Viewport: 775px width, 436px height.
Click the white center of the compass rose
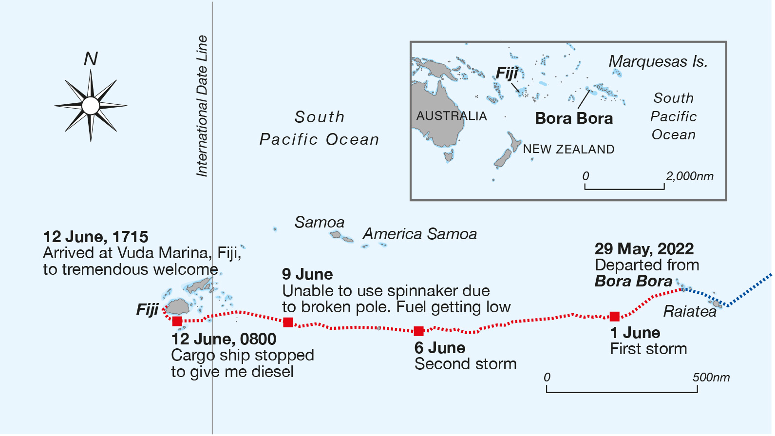pyautogui.click(x=91, y=105)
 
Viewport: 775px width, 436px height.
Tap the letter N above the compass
pyautogui.click(x=91, y=59)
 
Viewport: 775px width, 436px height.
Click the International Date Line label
pyautogui.click(x=202, y=106)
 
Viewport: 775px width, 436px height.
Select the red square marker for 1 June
pyautogui.click(x=615, y=317)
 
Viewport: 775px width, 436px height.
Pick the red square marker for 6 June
pyautogui.click(x=418, y=331)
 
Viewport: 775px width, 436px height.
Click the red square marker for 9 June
pyautogui.click(x=288, y=322)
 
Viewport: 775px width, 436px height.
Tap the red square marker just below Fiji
pyautogui.click(x=177, y=321)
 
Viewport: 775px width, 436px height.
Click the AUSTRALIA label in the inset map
pyautogui.click(x=452, y=116)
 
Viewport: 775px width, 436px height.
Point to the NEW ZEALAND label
pyautogui.click(x=568, y=149)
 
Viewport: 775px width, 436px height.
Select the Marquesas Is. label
pyautogui.click(x=658, y=62)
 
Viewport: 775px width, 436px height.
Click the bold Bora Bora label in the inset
pyautogui.click(x=574, y=118)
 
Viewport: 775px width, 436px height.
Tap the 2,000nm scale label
pyautogui.click(x=689, y=176)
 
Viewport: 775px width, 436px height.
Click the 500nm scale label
pyautogui.click(x=711, y=378)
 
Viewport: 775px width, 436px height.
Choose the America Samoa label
pyautogui.click(x=419, y=234)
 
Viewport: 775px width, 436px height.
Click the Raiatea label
pyautogui.click(x=690, y=311)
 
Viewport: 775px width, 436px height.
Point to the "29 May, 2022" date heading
pyautogui.click(x=644, y=249)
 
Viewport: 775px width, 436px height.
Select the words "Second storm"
pyautogui.click(x=465, y=364)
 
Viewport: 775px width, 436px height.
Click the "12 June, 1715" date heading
pyautogui.click(x=95, y=237)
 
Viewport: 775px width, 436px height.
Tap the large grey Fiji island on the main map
pyautogui.click(x=178, y=307)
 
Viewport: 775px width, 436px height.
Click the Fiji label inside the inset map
pyautogui.click(x=507, y=74)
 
